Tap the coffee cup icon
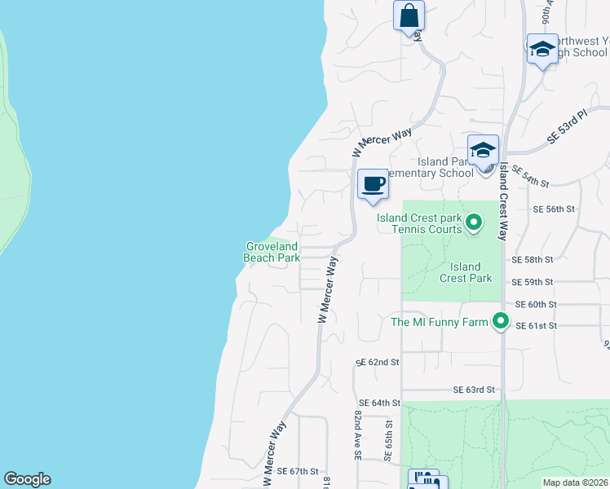point(373,183)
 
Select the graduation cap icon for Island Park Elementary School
point(483,151)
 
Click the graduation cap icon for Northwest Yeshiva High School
point(542,50)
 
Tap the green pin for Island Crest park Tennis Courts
point(474,222)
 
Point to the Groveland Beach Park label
point(272,252)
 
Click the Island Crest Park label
point(466,272)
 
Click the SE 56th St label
point(554,209)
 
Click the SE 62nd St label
point(378,361)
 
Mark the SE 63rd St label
point(475,390)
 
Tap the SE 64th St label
point(380,403)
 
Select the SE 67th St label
point(297,471)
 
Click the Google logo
point(27,479)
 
